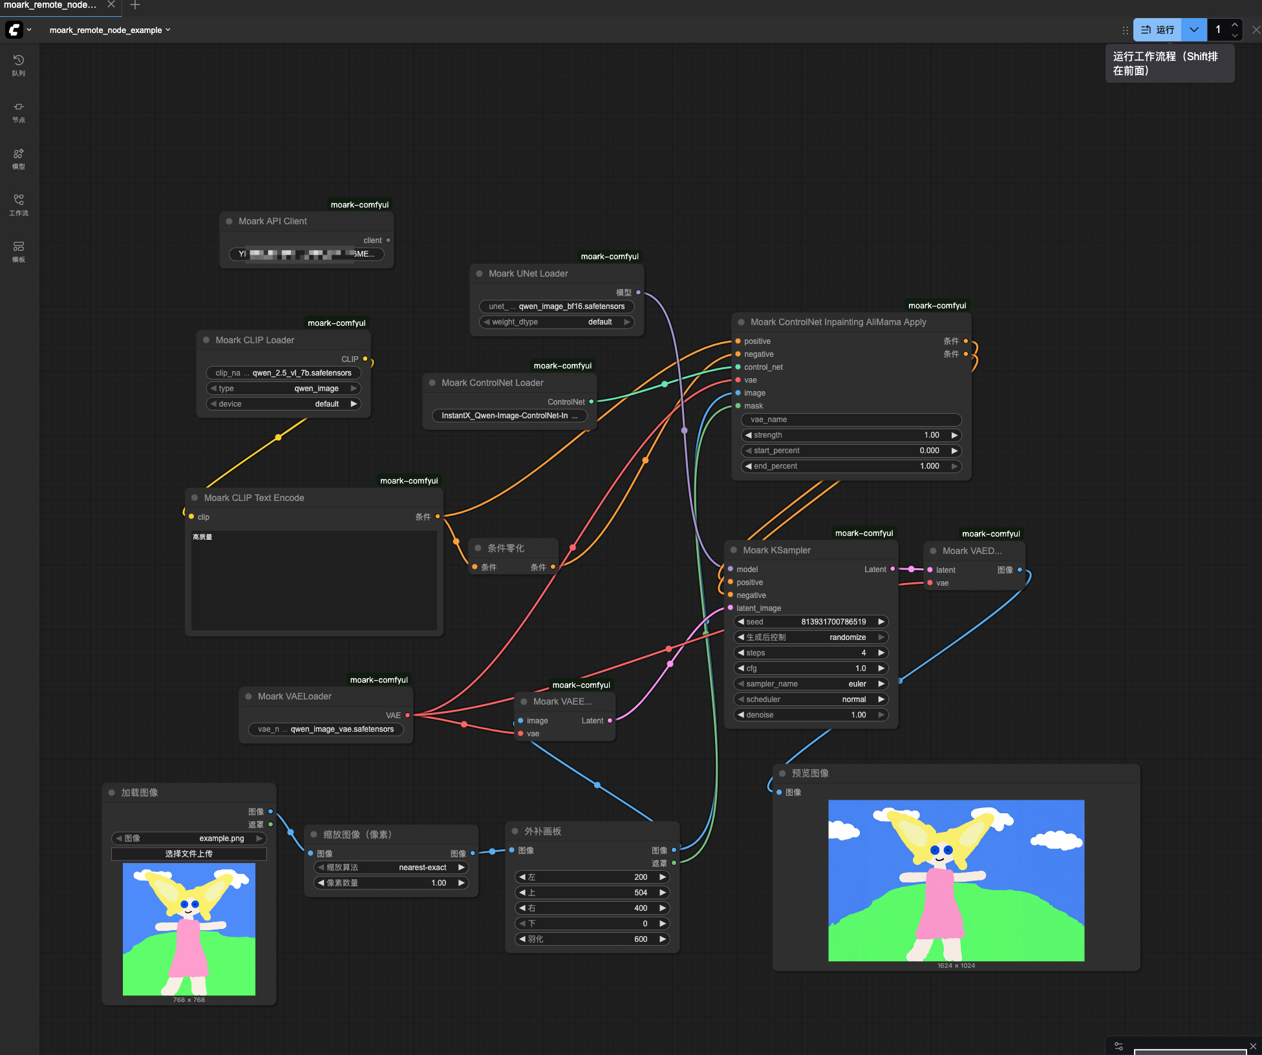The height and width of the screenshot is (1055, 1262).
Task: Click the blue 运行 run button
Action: [x=1157, y=30]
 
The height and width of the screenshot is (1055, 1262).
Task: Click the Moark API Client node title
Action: [x=272, y=221]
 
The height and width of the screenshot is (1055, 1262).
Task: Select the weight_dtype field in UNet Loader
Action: [x=556, y=322]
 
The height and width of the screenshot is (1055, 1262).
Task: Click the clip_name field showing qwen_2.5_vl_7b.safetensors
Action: [x=283, y=373]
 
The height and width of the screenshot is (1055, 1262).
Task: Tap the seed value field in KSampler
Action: [x=811, y=622]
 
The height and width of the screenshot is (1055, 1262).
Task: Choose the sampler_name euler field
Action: [x=811, y=684]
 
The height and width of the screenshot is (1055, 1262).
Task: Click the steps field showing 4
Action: [x=811, y=653]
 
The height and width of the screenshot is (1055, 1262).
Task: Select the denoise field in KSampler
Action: [x=811, y=715]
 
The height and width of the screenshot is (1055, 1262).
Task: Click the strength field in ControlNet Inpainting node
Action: [x=851, y=435]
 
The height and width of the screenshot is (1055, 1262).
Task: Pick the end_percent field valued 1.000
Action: [x=851, y=466]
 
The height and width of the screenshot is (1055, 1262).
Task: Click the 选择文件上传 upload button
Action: [x=189, y=854]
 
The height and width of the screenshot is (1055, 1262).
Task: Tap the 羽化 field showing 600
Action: [x=592, y=939]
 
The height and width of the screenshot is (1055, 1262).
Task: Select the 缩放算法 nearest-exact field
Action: [x=391, y=868]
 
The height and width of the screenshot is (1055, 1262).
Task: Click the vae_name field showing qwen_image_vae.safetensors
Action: [x=326, y=729]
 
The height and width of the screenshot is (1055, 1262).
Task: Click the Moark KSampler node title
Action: [x=776, y=550]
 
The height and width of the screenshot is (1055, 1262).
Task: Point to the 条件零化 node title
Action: [x=506, y=548]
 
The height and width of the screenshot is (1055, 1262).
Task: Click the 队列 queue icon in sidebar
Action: [x=19, y=64]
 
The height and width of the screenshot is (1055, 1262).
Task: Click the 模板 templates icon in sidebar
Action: [x=19, y=251]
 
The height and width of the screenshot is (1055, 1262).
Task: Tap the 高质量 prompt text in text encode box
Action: [x=202, y=537]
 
